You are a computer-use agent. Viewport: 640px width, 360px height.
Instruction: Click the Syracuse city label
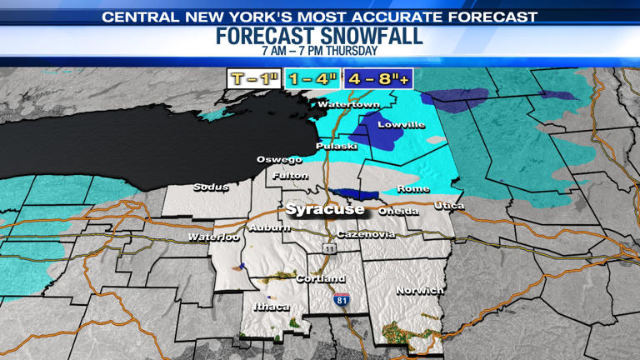(324, 208)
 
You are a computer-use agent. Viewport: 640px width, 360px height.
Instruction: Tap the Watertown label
(348, 105)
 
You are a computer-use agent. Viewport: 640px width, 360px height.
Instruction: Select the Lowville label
(401, 125)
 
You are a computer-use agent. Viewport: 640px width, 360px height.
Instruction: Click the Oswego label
(279, 159)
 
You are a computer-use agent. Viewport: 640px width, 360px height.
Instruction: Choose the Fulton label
(291, 176)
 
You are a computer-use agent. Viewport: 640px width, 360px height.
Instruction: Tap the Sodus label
(211, 187)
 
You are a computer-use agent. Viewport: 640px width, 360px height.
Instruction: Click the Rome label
(413, 189)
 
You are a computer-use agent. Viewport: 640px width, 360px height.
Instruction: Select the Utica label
(450, 206)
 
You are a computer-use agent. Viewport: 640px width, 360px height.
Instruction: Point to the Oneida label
(398, 212)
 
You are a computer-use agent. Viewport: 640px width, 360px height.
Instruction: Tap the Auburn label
(269, 227)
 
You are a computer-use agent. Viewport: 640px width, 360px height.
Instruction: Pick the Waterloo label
(213, 237)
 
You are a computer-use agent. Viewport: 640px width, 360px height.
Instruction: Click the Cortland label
(321, 278)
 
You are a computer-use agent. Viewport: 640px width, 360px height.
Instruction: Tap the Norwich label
(420, 291)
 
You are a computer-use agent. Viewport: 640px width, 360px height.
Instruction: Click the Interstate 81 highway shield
(342, 300)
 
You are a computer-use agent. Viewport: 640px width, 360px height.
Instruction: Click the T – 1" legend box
(252, 79)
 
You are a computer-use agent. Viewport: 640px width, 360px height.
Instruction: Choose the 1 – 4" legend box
(312, 79)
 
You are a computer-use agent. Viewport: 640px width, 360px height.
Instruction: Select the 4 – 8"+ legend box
(379, 79)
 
